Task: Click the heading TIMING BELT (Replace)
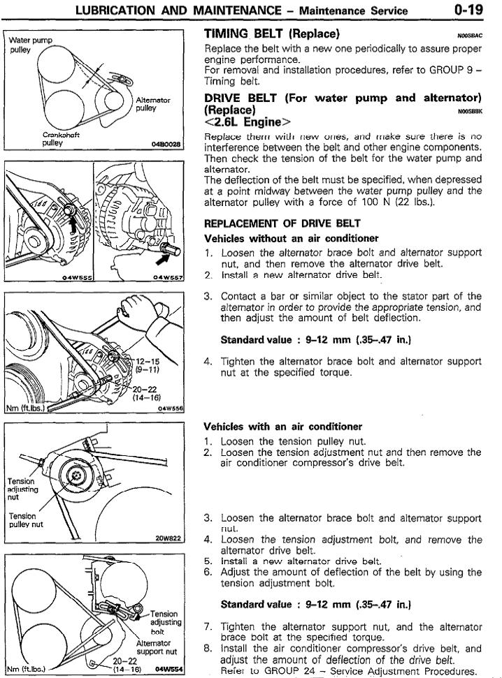pos(272,34)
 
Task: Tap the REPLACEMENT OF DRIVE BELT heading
pos(282,224)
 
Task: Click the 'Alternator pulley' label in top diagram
pos(152,105)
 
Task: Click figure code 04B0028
pos(166,145)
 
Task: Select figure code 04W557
pos(168,277)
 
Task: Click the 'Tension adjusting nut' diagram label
pos(24,489)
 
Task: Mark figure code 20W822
pos(168,538)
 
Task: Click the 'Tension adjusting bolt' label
pos(165,621)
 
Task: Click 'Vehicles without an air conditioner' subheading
pos(291,238)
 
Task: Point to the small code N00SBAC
pos(471,34)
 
